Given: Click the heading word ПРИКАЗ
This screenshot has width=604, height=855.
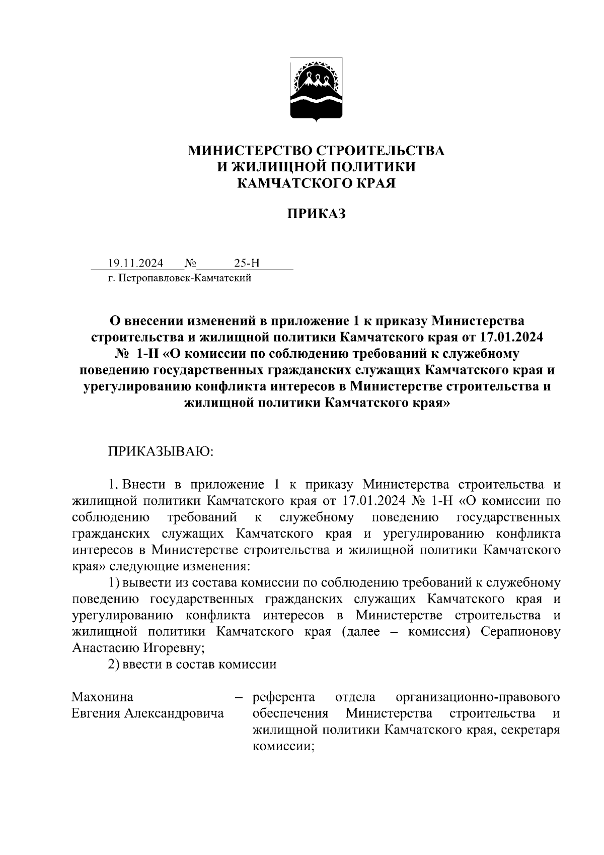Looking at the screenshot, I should coord(317,214).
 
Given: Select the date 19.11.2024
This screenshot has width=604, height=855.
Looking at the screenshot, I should coord(135,264).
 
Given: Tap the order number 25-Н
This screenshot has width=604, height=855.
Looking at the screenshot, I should coord(247,264).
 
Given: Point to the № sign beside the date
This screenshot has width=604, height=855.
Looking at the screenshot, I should coord(190,264).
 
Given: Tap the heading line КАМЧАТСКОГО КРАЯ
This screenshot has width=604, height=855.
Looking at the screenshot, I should coord(317,183).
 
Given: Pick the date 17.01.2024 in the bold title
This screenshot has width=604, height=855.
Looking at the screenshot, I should coord(507,337).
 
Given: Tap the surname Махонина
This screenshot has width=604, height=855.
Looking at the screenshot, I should coord(103,697).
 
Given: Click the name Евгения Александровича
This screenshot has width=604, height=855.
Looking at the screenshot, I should coord(148,713).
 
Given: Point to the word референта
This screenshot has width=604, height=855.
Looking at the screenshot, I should coord(284,697).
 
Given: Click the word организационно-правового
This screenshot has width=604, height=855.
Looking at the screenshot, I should coord(478,697).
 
